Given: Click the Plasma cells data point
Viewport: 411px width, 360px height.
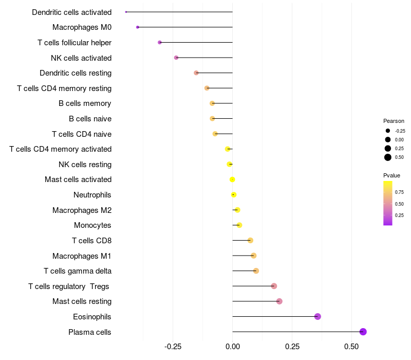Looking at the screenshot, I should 363,332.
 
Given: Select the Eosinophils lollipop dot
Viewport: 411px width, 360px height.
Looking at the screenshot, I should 317,316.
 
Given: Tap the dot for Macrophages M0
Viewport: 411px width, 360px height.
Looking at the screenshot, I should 138,27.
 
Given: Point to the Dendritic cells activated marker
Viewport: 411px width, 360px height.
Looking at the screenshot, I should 126,12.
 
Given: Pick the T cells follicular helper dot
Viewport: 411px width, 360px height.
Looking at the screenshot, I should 160,42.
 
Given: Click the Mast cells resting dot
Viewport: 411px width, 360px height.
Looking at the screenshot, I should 279,301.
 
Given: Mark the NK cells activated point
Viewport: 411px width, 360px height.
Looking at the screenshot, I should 176,58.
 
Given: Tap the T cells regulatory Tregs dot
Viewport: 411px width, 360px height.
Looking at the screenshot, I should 274,286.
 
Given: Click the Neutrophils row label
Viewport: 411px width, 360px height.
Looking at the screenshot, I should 92,195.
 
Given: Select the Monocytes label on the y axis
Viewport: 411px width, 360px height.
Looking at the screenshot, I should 92,225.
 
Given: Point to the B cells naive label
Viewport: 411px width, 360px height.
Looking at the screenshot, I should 90,119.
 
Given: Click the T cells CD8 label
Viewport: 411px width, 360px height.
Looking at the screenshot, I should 91,241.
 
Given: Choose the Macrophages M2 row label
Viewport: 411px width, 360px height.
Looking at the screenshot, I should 82,210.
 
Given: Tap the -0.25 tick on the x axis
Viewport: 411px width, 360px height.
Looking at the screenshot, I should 173,347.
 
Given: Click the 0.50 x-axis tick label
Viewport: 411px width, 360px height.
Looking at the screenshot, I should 351,347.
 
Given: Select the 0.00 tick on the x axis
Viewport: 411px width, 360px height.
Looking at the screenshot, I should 232,347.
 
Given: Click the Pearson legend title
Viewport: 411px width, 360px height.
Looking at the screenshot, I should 394,121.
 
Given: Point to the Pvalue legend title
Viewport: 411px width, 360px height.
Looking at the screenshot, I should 392,175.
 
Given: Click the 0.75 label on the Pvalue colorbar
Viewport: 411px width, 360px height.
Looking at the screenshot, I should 399,192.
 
